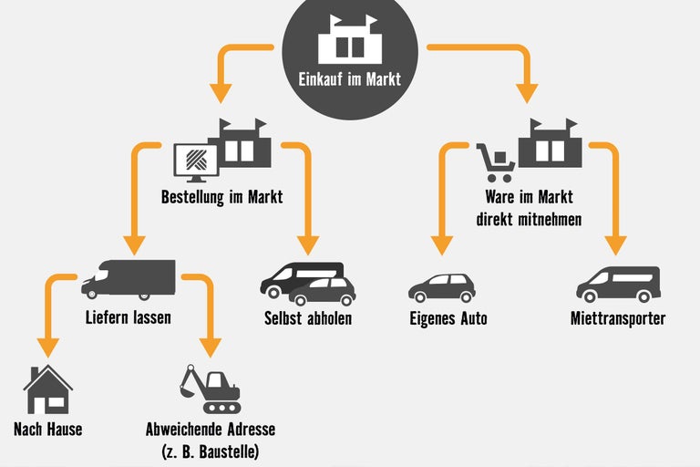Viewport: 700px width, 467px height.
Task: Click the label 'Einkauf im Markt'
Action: pyautogui.click(x=349, y=79)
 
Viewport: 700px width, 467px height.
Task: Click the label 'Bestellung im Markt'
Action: pyautogui.click(x=221, y=196)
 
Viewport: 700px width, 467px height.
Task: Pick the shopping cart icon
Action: pyautogui.click(x=495, y=161)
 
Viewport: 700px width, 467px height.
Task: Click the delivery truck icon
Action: pyautogui.click(x=129, y=280)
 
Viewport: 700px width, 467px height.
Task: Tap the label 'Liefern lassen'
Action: pyautogui.click(x=128, y=318)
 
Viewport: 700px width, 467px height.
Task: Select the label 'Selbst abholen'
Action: pyautogui.click(x=307, y=318)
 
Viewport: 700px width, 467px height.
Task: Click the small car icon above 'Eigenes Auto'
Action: pyautogui.click(x=441, y=287)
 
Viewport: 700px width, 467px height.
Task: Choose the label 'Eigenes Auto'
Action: pyautogui.click(x=448, y=318)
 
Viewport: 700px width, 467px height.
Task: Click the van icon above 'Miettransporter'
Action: pyautogui.click(x=618, y=284)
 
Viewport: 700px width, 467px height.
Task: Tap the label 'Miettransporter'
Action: pyautogui.click(x=618, y=318)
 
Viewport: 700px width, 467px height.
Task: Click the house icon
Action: pyautogui.click(x=47, y=389)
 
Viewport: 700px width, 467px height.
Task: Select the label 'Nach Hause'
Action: pyautogui.click(x=47, y=429)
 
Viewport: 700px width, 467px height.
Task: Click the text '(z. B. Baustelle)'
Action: pyautogui.click(x=210, y=451)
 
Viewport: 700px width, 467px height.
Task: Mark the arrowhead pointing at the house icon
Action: pyautogui.click(x=46, y=348)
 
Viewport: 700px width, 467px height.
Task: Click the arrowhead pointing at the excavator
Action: pyautogui.click(x=211, y=348)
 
